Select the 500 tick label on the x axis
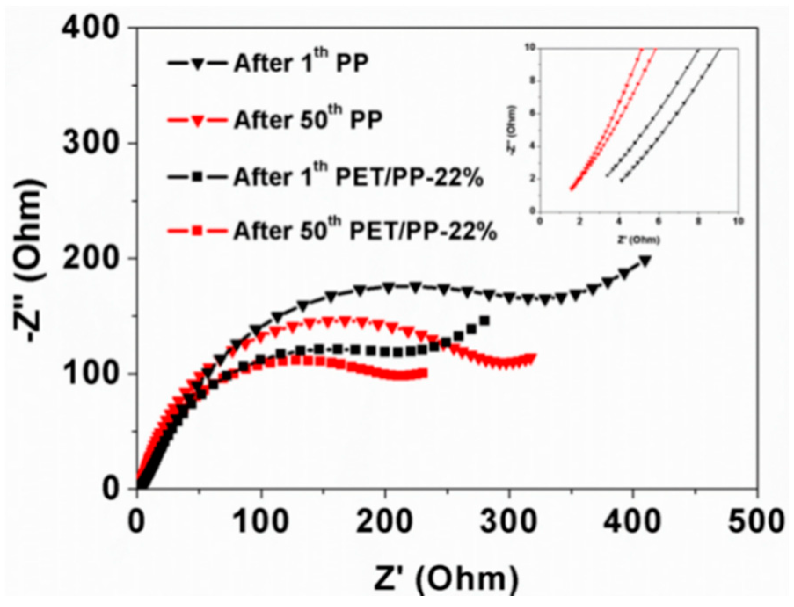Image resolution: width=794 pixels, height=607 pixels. (756, 522)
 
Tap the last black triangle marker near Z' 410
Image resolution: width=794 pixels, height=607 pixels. (645, 261)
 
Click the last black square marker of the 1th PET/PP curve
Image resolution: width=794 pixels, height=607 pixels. (484, 321)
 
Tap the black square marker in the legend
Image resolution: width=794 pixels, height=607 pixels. (197, 177)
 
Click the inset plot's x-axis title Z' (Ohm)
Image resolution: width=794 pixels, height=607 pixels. (638, 240)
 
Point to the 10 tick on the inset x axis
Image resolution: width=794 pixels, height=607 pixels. (738, 221)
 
